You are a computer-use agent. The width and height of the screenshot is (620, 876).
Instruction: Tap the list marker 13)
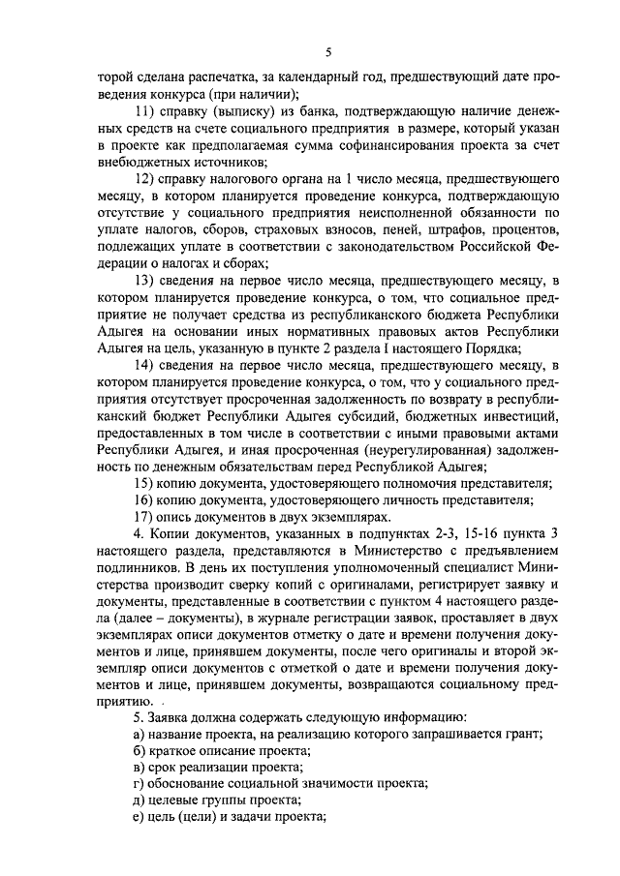click(144, 282)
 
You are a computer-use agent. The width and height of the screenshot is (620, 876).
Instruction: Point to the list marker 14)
click(144, 365)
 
